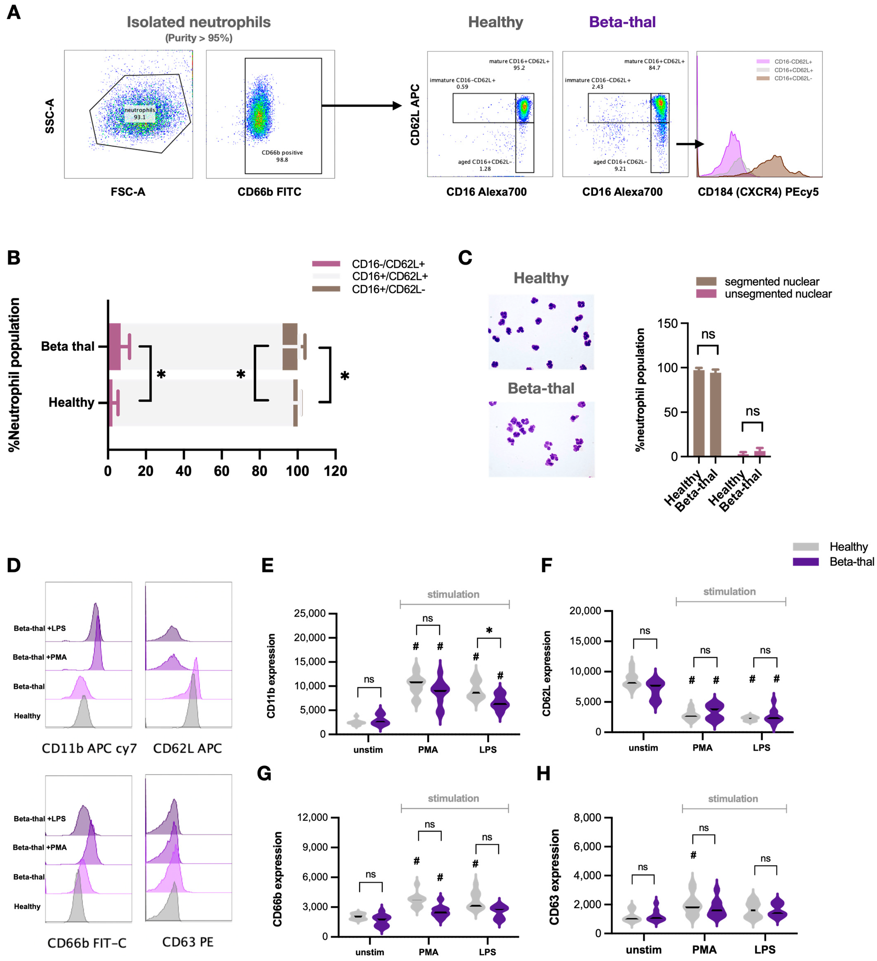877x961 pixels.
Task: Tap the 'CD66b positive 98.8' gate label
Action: [x=282, y=156]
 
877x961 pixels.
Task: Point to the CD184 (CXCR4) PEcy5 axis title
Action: [x=758, y=192]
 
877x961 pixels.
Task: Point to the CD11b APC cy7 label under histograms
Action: [x=89, y=748]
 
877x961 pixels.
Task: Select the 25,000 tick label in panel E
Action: [x=310, y=614]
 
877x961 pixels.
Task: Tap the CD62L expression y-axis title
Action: [x=547, y=674]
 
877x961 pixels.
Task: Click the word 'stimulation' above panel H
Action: [x=733, y=798]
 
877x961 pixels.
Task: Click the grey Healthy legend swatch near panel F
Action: [x=806, y=547]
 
